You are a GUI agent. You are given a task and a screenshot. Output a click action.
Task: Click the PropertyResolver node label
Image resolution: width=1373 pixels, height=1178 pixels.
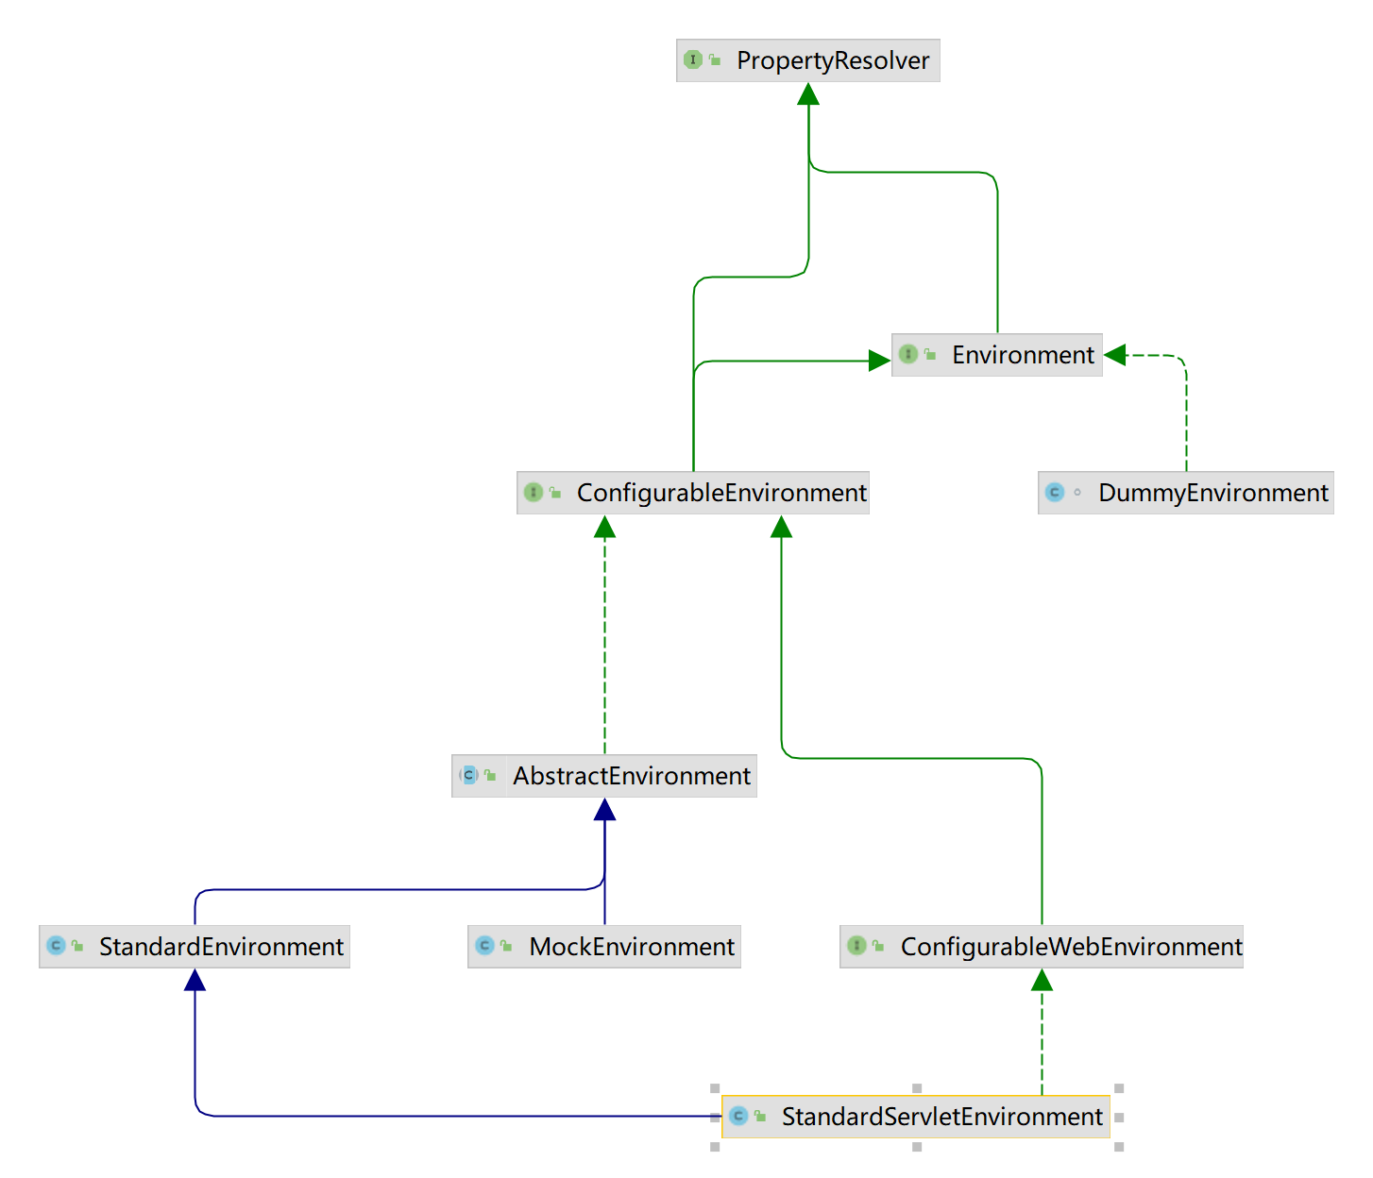832,60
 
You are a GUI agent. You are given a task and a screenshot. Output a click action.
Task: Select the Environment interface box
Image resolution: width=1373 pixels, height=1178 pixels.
996,355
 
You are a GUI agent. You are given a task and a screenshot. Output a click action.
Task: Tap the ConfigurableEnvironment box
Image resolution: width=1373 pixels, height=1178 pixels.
693,493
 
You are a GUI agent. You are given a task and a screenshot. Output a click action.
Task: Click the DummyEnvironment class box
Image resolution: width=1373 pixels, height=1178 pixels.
1185,493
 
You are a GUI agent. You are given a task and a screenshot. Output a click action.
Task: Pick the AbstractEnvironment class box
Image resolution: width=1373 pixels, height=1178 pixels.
604,776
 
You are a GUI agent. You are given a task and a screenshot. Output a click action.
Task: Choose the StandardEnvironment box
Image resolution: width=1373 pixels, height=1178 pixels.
195,947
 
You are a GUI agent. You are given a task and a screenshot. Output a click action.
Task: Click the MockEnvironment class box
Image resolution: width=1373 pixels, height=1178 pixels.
604,947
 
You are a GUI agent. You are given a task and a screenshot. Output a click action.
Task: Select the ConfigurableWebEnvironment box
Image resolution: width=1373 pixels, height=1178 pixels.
1042,947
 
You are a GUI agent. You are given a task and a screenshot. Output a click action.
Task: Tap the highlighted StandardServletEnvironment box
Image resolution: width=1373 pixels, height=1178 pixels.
915,1117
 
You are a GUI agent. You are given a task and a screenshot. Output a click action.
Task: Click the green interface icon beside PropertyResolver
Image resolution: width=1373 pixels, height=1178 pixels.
693,60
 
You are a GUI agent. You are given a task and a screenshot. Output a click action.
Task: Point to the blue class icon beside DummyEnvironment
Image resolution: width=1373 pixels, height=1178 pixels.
1055,493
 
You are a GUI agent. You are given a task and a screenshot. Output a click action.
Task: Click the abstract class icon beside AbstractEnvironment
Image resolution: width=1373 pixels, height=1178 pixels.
469,776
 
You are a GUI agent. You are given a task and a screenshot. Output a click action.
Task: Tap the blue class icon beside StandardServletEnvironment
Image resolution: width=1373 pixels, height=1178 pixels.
738,1117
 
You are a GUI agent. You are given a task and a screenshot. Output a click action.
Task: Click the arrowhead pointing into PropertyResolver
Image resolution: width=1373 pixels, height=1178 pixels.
808,93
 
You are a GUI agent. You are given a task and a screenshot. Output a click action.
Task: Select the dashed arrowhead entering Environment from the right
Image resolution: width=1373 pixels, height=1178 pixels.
1115,355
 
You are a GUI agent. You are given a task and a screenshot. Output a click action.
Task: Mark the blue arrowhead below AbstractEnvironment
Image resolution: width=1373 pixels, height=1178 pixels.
604,810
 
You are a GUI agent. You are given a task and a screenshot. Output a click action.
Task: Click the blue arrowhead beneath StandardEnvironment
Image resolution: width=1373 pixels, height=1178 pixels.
195,980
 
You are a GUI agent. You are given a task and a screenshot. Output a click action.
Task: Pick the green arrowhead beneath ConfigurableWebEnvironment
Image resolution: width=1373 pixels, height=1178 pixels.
1042,980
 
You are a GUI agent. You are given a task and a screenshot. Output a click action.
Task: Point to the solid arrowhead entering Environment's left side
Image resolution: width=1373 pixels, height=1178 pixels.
879,361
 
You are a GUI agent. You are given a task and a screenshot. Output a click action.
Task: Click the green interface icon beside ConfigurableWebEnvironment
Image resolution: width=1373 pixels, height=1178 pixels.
856,946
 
